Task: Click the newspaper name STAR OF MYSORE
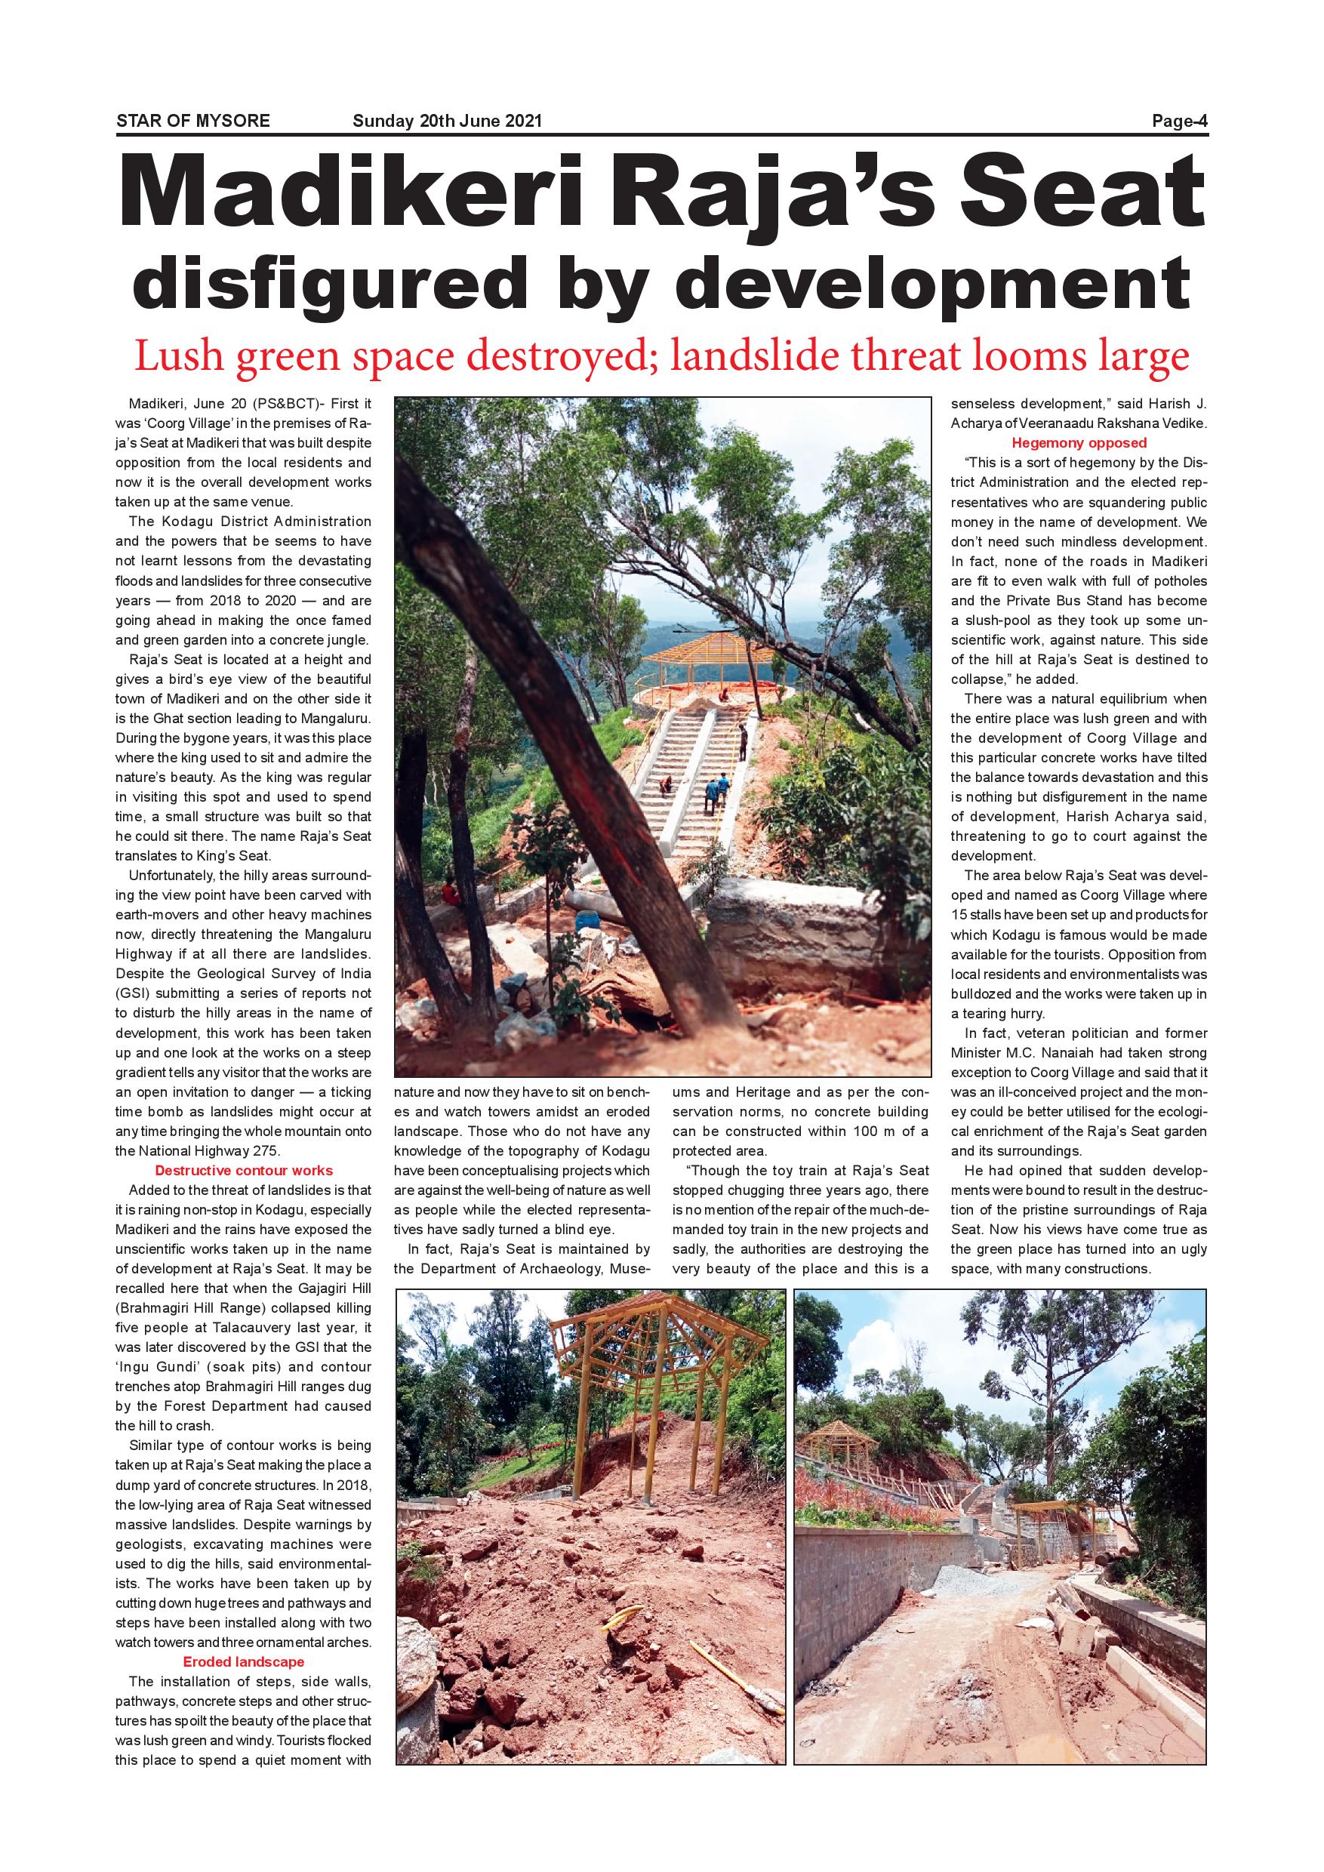[193, 122]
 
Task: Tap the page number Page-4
[1179, 122]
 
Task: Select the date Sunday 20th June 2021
[447, 122]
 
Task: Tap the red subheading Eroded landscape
[244, 1661]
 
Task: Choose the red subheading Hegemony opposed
[1079, 444]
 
